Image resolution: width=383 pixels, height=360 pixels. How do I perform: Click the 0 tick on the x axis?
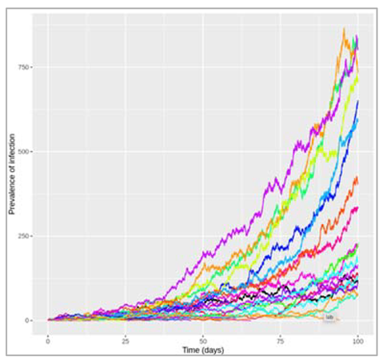pyautogui.click(x=48, y=340)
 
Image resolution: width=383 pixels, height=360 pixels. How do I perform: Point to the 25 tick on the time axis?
pyautogui.click(x=126, y=340)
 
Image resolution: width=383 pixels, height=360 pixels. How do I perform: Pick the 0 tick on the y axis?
pyautogui.click(x=29, y=320)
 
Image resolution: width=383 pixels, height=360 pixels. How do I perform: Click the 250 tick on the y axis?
pyautogui.click(x=25, y=236)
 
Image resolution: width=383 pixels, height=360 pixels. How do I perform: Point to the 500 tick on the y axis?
pyautogui.click(x=25, y=152)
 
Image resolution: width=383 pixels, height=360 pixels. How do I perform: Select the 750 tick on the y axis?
pyautogui.click(x=25, y=68)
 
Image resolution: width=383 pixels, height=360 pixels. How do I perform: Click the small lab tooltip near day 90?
pyautogui.click(x=329, y=317)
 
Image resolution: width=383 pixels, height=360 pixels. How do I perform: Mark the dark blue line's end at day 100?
pyautogui.click(x=357, y=102)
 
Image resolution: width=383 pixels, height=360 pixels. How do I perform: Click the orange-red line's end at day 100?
pyautogui.click(x=357, y=181)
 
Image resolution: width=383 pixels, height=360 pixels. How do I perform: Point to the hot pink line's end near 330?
pyautogui.click(x=357, y=209)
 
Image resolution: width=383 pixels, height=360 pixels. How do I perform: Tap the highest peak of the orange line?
pyautogui.click(x=344, y=30)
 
